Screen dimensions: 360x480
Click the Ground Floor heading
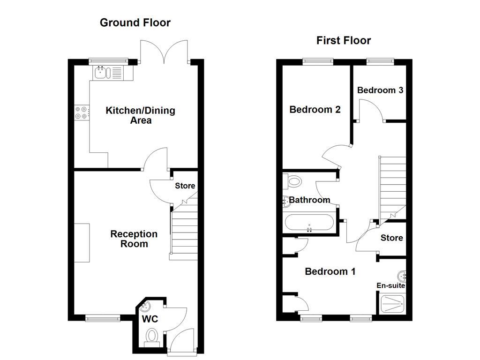pos(135,22)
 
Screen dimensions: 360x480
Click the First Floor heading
pos(343,40)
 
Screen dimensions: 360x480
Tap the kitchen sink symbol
pos(108,72)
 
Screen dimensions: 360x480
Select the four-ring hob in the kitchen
pos(81,112)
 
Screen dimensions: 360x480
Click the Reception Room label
pos(134,239)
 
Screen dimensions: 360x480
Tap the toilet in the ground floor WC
pos(152,337)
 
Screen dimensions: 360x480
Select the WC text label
pos(150,320)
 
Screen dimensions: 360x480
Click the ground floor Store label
pos(185,186)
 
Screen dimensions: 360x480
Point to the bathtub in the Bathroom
pos(309,223)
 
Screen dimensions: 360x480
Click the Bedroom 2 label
pos(315,110)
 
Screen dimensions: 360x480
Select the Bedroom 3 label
pos(380,90)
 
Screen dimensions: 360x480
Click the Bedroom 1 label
pos(330,271)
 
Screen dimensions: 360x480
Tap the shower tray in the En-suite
pos(392,304)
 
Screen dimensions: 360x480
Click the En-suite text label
pos(390,285)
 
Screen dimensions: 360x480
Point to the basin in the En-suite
pos(401,276)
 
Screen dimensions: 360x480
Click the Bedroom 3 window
pos(380,60)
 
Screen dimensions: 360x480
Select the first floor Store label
pos(391,238)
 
